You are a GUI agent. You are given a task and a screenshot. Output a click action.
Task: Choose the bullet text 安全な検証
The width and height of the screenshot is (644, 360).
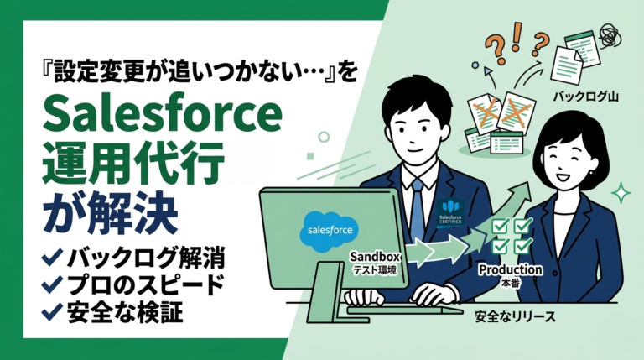(x=117, y=312)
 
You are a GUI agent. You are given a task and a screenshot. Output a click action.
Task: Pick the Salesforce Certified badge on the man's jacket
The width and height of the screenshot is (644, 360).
(x=451, y=211)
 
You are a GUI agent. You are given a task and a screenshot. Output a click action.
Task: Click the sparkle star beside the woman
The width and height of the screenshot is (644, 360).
(x=621, y=194)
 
